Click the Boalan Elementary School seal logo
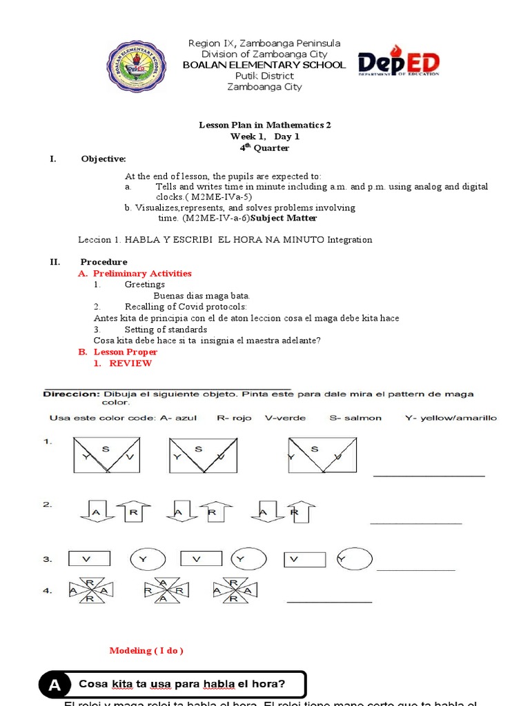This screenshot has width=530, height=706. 136,65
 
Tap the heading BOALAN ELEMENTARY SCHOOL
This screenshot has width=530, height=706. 264,65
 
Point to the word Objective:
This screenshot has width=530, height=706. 104,159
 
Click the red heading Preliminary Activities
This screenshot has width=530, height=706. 142,274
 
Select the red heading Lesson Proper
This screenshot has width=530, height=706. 126,352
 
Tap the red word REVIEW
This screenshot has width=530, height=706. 130,363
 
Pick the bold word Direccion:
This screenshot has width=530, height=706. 72,394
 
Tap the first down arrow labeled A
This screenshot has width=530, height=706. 95,512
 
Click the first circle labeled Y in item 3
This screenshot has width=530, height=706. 144,559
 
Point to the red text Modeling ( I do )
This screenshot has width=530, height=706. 146,651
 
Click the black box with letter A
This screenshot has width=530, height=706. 55,685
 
